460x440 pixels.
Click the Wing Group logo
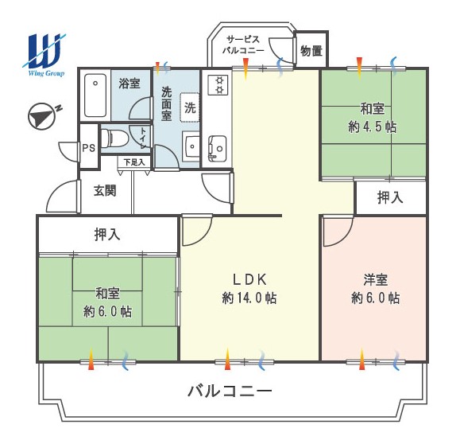pos(44,55)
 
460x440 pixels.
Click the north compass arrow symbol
pos(41,116)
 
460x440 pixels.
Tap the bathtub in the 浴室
pos(95,95)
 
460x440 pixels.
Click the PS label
pos(89,148)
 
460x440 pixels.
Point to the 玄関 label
pos(105,191)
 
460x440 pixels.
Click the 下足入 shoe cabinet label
pos(134,162)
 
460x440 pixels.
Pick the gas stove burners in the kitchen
pos(218,84)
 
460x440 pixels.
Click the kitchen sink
pos(218,149)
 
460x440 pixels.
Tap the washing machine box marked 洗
pos(190,107)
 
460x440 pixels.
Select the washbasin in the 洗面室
pos(191,146)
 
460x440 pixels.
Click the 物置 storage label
pos(311,51)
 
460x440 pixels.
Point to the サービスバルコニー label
pos(243,45)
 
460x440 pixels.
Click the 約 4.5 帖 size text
pos(373,127)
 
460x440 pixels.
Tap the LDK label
pos(249,279)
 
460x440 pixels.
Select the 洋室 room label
pos(376,279)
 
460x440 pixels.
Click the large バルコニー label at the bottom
pos(230,391)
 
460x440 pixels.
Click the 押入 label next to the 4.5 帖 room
pos(390,197)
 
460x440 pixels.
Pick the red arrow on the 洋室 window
pos(362,359)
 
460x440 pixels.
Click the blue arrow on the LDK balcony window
pos(261,360)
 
